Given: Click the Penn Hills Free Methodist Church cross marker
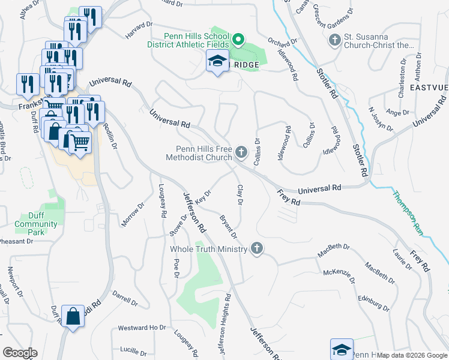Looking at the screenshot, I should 241,152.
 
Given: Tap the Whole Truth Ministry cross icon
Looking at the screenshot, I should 257,248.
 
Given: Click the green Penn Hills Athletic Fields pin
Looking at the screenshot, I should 238,40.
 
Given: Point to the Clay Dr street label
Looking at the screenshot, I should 240,195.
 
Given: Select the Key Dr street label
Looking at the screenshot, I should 204,197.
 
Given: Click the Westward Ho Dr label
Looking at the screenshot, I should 142,328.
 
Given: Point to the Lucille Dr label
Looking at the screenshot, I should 133,350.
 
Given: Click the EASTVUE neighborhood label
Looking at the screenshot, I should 429,88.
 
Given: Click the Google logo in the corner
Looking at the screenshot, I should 20,353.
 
